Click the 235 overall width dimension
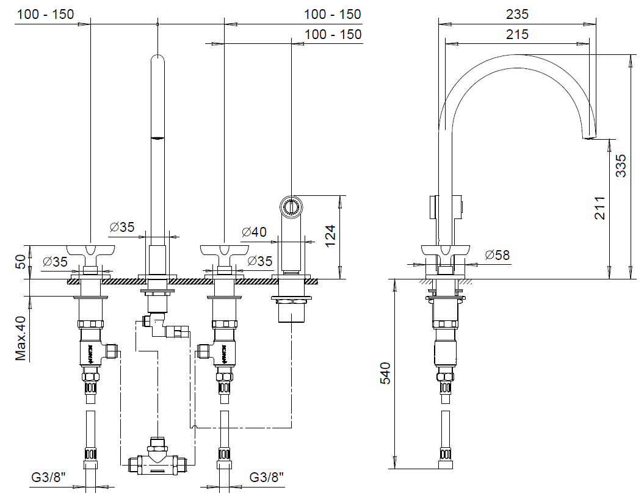click(517, 14)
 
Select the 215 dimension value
click(517, 35)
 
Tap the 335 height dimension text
click(621, 165)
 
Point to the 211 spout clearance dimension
click(600, 208)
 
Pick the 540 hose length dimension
click(385, 373)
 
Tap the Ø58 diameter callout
click(497, 256)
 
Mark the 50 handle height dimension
click(21, 263)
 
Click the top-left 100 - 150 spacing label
click(46, 14)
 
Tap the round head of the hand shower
click(291, 206)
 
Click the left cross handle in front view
click(90, 250)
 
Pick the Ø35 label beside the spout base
click(122, 227)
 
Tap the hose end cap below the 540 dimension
click(447, 465)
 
